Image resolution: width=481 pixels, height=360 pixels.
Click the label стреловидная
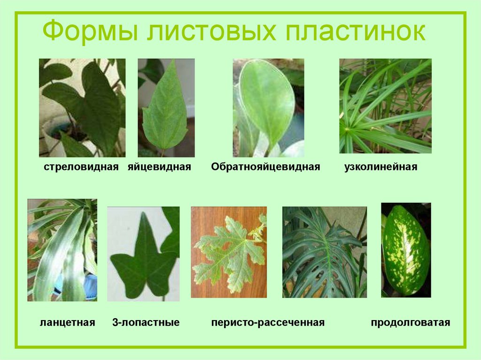[81, 167]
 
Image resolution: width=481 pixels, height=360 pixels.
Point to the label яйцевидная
[159, 167]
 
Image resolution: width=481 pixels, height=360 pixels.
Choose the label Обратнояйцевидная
[265, 167]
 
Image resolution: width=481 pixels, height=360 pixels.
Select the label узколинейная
[380, 167]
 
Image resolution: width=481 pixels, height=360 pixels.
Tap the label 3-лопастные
[146, 323]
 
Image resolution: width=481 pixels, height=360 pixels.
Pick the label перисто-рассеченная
[268, 323]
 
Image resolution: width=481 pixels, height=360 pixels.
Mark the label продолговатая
[411, 323]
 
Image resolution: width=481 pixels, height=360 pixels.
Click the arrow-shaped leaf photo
[82, 107]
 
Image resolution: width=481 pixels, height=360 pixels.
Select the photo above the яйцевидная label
[166, 107]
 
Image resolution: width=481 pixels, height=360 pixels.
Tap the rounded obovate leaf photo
[268, 107]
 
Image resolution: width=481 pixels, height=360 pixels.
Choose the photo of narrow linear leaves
[385, 106]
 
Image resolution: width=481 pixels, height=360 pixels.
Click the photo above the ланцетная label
[62, 250]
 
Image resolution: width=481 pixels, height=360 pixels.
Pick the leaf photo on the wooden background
[229, 252]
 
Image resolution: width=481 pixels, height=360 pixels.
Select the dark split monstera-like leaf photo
[324, 252]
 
